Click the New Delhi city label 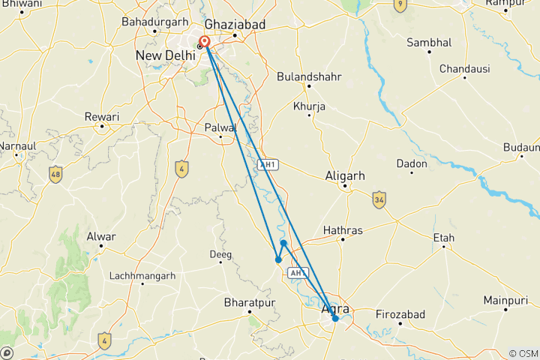[164, 55]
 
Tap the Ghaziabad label [236, 25]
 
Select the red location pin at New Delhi [205, 42]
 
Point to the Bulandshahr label [309, 76]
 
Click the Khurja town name [309, 106]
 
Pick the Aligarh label [344, 175]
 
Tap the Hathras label [343, 229]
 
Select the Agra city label [335, 308]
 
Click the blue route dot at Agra [335, 319]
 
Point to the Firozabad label [400, 313]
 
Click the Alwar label [102, 237]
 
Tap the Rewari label [102, 117]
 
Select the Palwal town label [220, 127]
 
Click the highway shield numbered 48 [55, 175]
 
